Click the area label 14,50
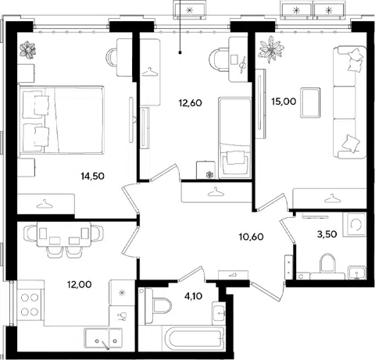93,176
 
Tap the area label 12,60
191,103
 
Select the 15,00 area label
284,102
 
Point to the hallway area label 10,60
252,237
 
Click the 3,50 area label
327,234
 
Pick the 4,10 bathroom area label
193,296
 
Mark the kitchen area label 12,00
80,284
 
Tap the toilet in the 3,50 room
327,264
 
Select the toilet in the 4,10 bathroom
159,306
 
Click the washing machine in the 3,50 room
355,225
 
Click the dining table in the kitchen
64,234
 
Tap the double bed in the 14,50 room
61,120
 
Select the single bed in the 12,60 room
234,138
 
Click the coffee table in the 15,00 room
310,102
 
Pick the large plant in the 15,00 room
271,49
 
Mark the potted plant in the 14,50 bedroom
28,50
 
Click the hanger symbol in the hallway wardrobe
216,192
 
